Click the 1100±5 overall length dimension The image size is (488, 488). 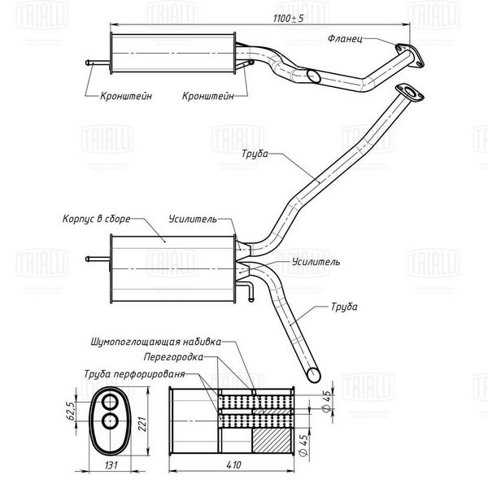click(x=288, y=19)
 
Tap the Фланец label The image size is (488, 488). click(x=345, y=39)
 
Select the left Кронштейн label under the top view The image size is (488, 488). click(x=126, y=96)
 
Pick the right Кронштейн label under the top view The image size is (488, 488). click(x=208, y=96)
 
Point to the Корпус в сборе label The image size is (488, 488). click(x=97, y=219)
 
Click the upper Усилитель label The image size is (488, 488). click(x=193, y=219)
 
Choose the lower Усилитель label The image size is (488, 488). click(x=316, y=262)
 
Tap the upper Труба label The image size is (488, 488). click(x=255, y=154)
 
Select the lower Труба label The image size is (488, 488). click(x=344, y=307)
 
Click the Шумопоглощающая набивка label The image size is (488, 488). click(x=156, y=342)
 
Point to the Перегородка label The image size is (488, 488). click(x=173, y=357)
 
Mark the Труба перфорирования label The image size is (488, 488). click(x=134, y=374)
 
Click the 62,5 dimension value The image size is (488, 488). click(x=71, y=411)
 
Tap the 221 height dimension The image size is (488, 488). click(x=142, y=424)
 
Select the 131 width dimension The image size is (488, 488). click(x=111, y=465)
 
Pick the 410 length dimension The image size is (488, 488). click(x=233, y=465)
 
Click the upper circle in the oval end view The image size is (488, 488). click(x=110, y=402)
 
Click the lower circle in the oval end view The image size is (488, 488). click(x=110, y=421)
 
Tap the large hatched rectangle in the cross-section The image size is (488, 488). click(x=272, y=440)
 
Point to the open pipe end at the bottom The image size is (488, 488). click(x=313, y=375)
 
